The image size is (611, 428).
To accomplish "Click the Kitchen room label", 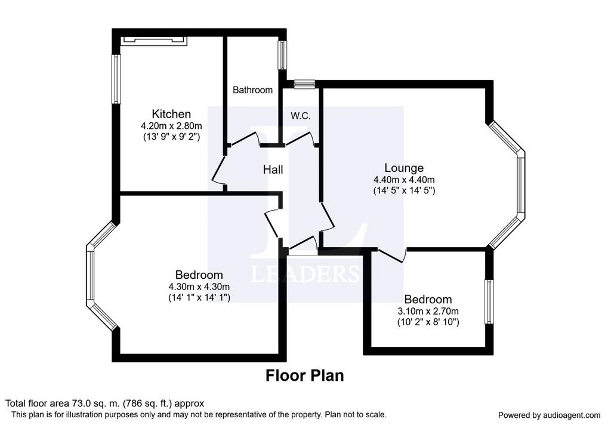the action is pyautogui.click(x=171, y=114).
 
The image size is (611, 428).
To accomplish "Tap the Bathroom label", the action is pyautogui.click(x=252, y=90).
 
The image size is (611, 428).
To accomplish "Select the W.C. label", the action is pyautogui.click(x=301, y=116).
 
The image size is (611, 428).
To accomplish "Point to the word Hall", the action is pyautogui.click(x=273, y=170).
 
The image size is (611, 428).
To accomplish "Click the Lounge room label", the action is pyautogui.click(x=404, y=168).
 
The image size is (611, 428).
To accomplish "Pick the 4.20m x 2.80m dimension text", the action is pyautogui.click(x=171, y=126).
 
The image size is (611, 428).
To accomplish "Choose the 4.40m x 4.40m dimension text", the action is pyautogui.click(x=404, y=180).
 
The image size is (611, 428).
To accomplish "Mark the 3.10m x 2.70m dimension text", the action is pyautogui.click(x=428, y=312).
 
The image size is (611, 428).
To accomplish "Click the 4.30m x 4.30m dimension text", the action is pyautogui.click(x=199, y=287).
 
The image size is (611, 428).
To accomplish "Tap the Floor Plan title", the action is pyautogui.click(x=305, y=375).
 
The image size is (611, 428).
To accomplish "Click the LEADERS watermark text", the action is pyautogui.click(x=305, y=274).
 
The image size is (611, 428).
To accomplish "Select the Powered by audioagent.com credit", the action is pyautogui.click(x=549, y=415).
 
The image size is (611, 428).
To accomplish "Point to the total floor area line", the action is pyautogui.click(x=104, y=404).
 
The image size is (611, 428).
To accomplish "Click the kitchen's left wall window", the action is pyautogui.click(x=116, y=79).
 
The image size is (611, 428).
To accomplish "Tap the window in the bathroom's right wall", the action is pyautogui.click(x=282, y=56).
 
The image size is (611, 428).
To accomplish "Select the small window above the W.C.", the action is pyautogui.click(x=304, y=84).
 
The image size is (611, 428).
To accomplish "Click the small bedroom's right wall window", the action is pyautogui.click(x=489, y=301).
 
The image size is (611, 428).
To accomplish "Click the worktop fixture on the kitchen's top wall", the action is pyautogui.click(x=154, y=41).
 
